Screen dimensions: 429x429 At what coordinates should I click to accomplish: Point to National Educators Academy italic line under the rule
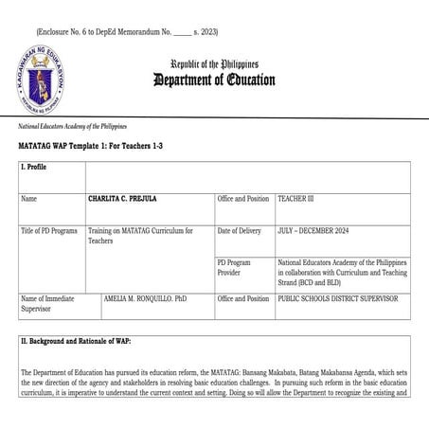point(72,126)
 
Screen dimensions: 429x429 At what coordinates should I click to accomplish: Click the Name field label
point(29,200)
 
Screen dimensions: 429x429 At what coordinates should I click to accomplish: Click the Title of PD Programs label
point(49,231)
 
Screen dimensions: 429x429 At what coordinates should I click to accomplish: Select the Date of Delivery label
point(239,231)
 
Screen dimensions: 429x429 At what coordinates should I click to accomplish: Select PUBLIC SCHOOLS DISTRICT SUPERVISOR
point(338,298)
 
